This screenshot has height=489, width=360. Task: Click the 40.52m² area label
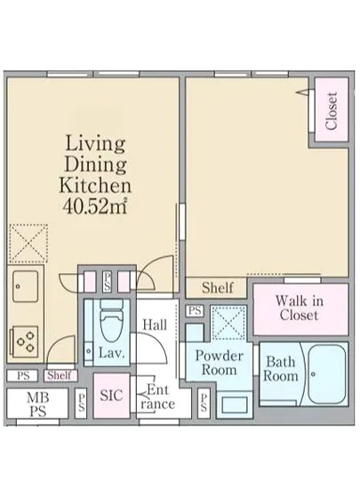coord(95,206)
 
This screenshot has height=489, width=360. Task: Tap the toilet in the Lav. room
coord(111,320)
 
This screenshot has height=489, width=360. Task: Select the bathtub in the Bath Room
coord(326,374)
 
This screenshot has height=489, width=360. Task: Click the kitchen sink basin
coord(25,286)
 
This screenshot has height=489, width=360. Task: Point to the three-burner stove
coord(25,341)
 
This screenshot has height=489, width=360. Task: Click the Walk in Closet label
coord(300,308)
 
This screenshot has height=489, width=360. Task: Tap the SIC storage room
coord(112,396)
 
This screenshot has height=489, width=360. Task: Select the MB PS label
coord(37,405)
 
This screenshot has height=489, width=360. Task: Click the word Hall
coord(155,325)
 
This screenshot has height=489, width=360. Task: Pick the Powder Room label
coord(220,363)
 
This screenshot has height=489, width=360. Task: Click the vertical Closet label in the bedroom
coord(332,111)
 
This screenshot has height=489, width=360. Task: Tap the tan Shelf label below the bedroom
coord(217,287)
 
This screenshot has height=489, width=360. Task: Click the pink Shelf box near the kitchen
coord(60,375)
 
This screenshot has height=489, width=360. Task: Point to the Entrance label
coord(157,397)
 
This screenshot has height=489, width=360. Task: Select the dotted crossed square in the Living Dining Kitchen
coord(28,244)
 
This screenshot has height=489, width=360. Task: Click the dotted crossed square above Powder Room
coord(228,323)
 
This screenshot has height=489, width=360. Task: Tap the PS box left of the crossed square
coord(195,310)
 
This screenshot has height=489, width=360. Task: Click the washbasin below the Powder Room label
coord(234,405)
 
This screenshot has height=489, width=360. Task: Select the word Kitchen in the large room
coord(95,185)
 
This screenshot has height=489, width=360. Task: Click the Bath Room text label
coord(281,369)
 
